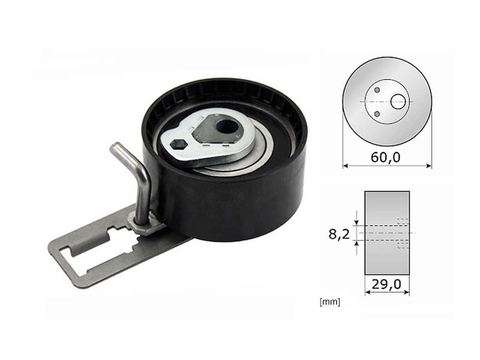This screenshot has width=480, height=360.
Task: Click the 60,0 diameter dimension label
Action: coord(385,157)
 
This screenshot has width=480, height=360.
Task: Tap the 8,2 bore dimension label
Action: coord(339,234)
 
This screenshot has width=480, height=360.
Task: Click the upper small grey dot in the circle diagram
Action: coord(376,90)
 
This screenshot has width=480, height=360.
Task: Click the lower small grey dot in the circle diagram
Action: coord(376,115)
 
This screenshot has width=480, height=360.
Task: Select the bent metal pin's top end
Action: coord(114,147)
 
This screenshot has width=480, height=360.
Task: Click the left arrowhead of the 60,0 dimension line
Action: coord(345,165)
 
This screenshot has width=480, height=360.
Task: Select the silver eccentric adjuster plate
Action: coord(208,138)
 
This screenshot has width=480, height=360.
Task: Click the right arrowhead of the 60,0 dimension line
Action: coord(429,165)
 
